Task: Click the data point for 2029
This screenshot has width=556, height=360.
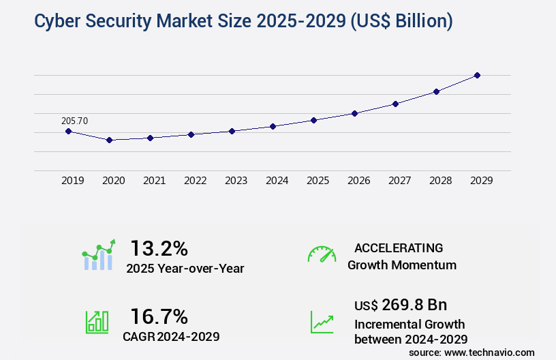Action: click(477, 75)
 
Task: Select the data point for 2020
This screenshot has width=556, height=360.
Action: click(109, 140)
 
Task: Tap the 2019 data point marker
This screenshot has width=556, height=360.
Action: click(68, 131)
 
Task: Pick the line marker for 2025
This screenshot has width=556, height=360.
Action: click(313, 120)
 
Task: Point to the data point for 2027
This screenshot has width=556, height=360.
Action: click(395, 104)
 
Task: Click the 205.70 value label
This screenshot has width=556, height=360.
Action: click(74, 121)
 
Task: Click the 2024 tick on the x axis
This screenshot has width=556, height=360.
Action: click(277, 181)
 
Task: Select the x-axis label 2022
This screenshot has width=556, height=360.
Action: click(195, 181)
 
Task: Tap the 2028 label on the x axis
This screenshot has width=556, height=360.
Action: click(440, 181)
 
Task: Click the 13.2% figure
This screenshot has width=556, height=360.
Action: click(159, 247)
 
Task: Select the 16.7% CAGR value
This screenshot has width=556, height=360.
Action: click(159, 316)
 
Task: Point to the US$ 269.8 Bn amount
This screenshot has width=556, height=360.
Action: click(401, 304)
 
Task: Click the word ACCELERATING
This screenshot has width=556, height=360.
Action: click(399, 247)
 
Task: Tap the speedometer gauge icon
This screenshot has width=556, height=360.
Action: click(322, 254)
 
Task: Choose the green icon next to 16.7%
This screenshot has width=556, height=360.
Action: click(97, 322)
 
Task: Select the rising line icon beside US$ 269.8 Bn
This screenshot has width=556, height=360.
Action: click(322, 322)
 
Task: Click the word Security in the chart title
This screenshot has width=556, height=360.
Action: click(119, 21)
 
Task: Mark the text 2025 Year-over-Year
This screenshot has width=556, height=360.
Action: click(185, 269)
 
